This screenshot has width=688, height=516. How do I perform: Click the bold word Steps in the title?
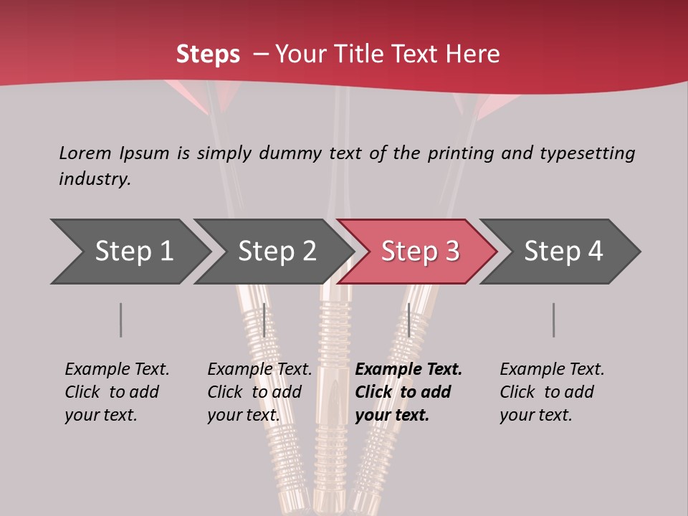(208, 54)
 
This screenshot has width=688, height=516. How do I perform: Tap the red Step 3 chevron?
(419, 252)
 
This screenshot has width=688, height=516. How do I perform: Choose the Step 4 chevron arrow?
(563, 252)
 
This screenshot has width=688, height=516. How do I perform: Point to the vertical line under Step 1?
(120, 320)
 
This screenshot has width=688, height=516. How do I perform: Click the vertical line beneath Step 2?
(264, 320)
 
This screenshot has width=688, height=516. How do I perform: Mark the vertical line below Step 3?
(408, 320)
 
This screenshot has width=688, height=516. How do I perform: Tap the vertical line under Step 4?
(553, 320)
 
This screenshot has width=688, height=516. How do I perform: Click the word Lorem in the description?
(85, 153)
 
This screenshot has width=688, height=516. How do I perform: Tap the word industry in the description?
(95, 179)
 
